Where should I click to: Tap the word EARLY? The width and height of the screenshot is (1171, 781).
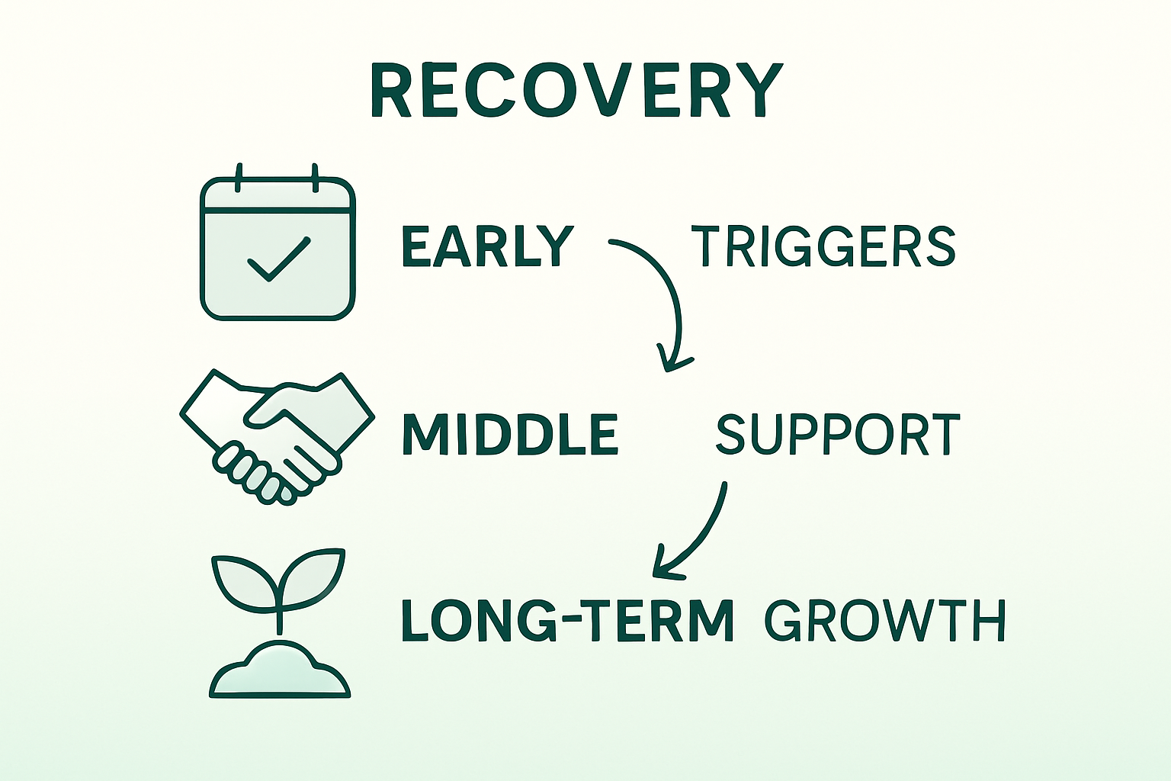coord(487,246)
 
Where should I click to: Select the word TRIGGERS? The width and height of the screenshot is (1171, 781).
coord(823,246)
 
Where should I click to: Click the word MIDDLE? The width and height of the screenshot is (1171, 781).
coord(510,435)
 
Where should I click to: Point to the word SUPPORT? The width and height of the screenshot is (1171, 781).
coord(838,435)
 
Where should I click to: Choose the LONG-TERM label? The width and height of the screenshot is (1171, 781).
coord(567,620)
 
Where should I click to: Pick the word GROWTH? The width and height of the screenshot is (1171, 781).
coord(885,620)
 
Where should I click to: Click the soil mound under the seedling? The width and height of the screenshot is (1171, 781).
coord(279,671)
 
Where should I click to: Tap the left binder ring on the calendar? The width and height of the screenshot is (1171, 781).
coord(239,178)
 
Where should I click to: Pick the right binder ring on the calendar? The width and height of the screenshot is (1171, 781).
coord(314,178)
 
